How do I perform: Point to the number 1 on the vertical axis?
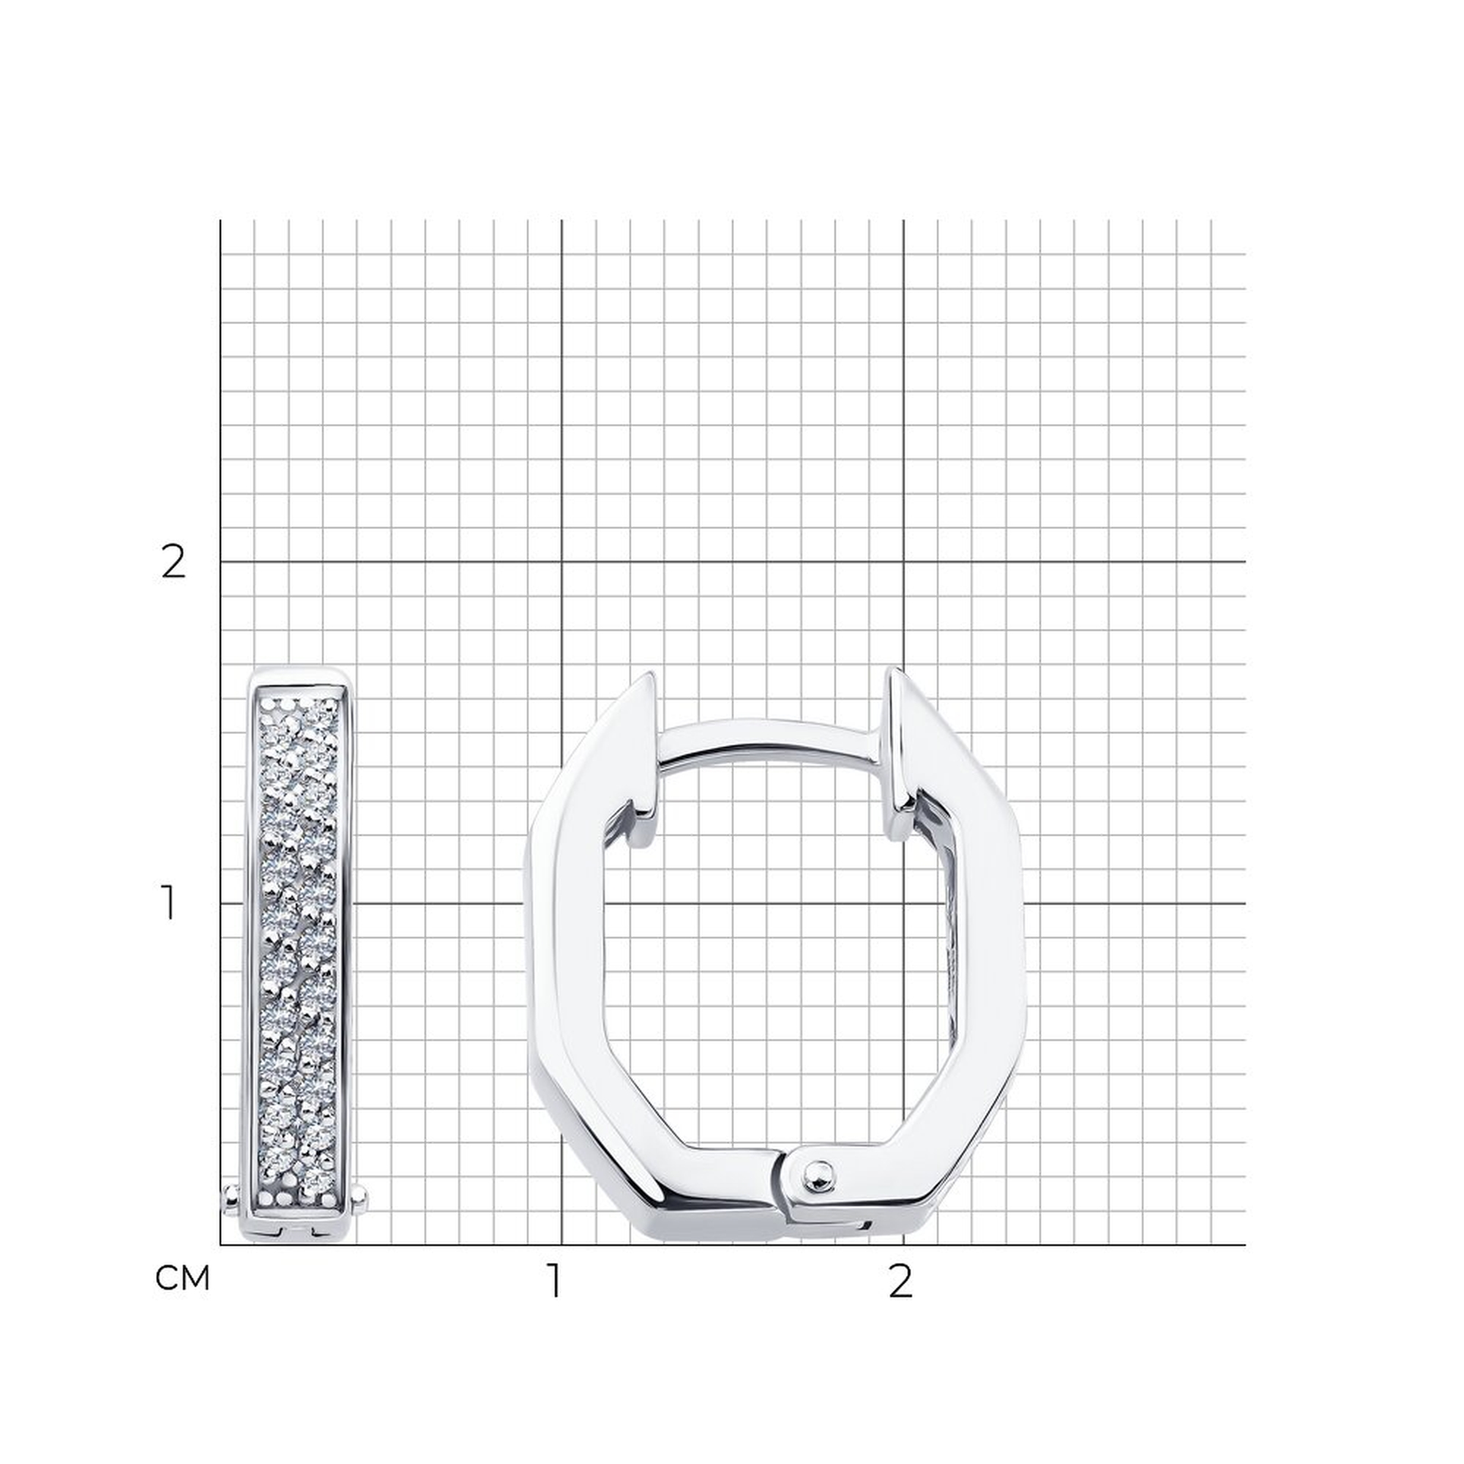pyautogui.click(x=169, y=903)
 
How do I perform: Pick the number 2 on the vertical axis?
pyautogui.click(x=173, y=561)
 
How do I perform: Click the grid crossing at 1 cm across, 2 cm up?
pyautogui.click(x=561, y=561)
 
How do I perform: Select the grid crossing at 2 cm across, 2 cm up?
pyautogui.click(x=903, y=561)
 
